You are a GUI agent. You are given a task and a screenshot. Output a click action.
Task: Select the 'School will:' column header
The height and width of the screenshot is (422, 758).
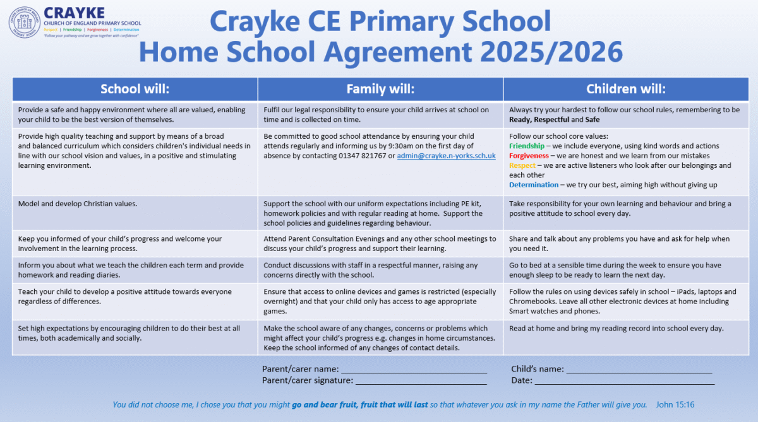(x=135, y=89)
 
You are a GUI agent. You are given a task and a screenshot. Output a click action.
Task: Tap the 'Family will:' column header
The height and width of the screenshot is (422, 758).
(x=380, y=89)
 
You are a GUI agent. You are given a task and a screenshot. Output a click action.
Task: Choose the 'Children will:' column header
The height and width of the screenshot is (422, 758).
(x=626, y=89)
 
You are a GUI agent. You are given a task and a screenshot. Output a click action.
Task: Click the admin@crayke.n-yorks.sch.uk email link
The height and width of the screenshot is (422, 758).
(x=446, y=156)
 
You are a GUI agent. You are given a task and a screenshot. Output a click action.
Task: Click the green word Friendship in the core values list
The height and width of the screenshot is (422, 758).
(x=526, y=146)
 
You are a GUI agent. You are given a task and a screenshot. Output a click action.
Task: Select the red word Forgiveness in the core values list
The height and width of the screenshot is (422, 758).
(x=529, y=156)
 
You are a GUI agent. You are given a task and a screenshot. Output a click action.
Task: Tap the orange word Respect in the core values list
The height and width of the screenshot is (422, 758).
(x=522, y=165)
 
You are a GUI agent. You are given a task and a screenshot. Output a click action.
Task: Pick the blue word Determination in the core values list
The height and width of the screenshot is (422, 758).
(x=533, y=185)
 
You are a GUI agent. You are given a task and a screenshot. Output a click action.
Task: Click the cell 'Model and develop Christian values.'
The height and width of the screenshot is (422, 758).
(x=78, y=204)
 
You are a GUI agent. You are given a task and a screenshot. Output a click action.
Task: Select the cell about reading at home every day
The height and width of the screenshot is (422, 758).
(x=617, y=328)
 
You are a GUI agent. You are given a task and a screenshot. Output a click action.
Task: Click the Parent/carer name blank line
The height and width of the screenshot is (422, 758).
(x=414, y=370)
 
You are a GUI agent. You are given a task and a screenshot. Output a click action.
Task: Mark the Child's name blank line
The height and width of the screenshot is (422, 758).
(x=639, y=370)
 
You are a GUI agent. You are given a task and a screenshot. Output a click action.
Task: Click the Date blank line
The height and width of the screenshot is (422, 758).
(x=625, y=381)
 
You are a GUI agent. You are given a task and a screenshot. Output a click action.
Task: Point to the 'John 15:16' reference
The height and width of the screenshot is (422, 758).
(x=675, y=405)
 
